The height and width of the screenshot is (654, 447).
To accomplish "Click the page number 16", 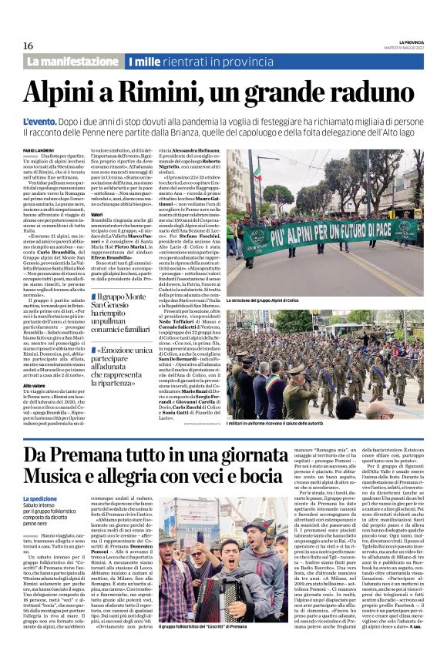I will coord(28,45).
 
